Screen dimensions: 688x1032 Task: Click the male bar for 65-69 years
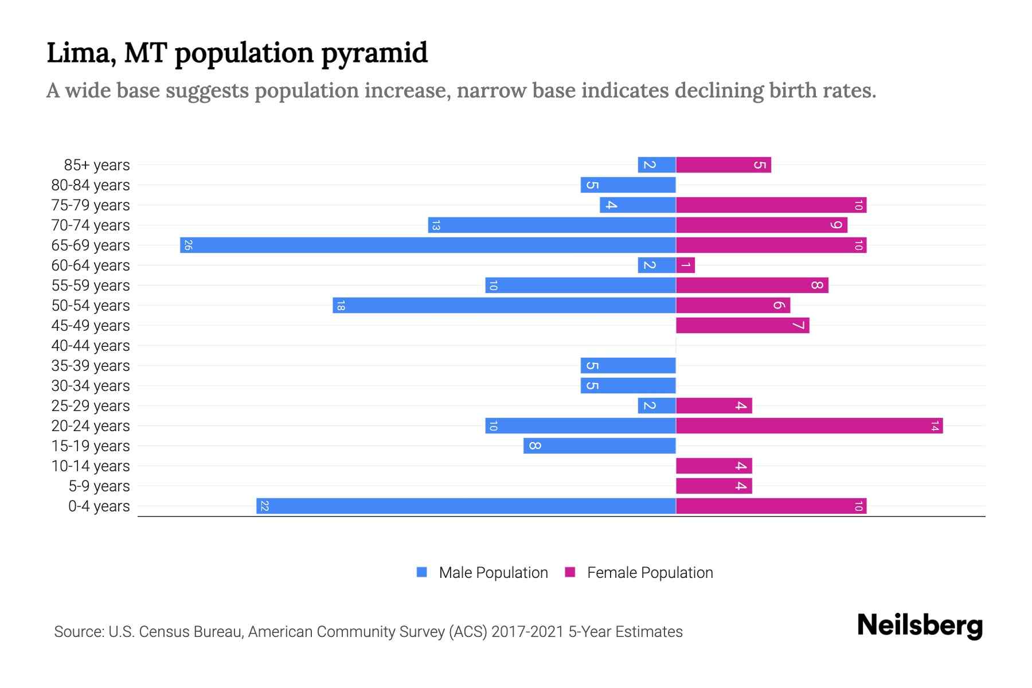428,245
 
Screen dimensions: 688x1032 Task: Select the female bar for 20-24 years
809,426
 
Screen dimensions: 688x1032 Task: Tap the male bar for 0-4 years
466,506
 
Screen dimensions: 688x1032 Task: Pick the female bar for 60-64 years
685,265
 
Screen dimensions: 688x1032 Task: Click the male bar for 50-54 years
504,306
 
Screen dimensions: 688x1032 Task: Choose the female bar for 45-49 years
742,326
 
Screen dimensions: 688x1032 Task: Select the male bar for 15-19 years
599,446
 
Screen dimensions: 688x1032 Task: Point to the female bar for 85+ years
723,165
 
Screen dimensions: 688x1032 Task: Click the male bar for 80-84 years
628,185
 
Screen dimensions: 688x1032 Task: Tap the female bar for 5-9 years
714,486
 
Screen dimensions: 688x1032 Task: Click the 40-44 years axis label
91,346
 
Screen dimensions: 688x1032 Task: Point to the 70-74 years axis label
91,225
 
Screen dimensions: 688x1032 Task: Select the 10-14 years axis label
91,466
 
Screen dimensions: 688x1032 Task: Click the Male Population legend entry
493,573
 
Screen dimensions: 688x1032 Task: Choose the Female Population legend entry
650,573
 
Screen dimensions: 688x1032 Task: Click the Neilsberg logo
920,626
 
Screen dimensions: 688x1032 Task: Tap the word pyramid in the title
374,53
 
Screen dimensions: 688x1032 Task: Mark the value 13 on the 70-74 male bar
436,225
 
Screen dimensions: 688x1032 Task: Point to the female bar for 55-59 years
752,286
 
